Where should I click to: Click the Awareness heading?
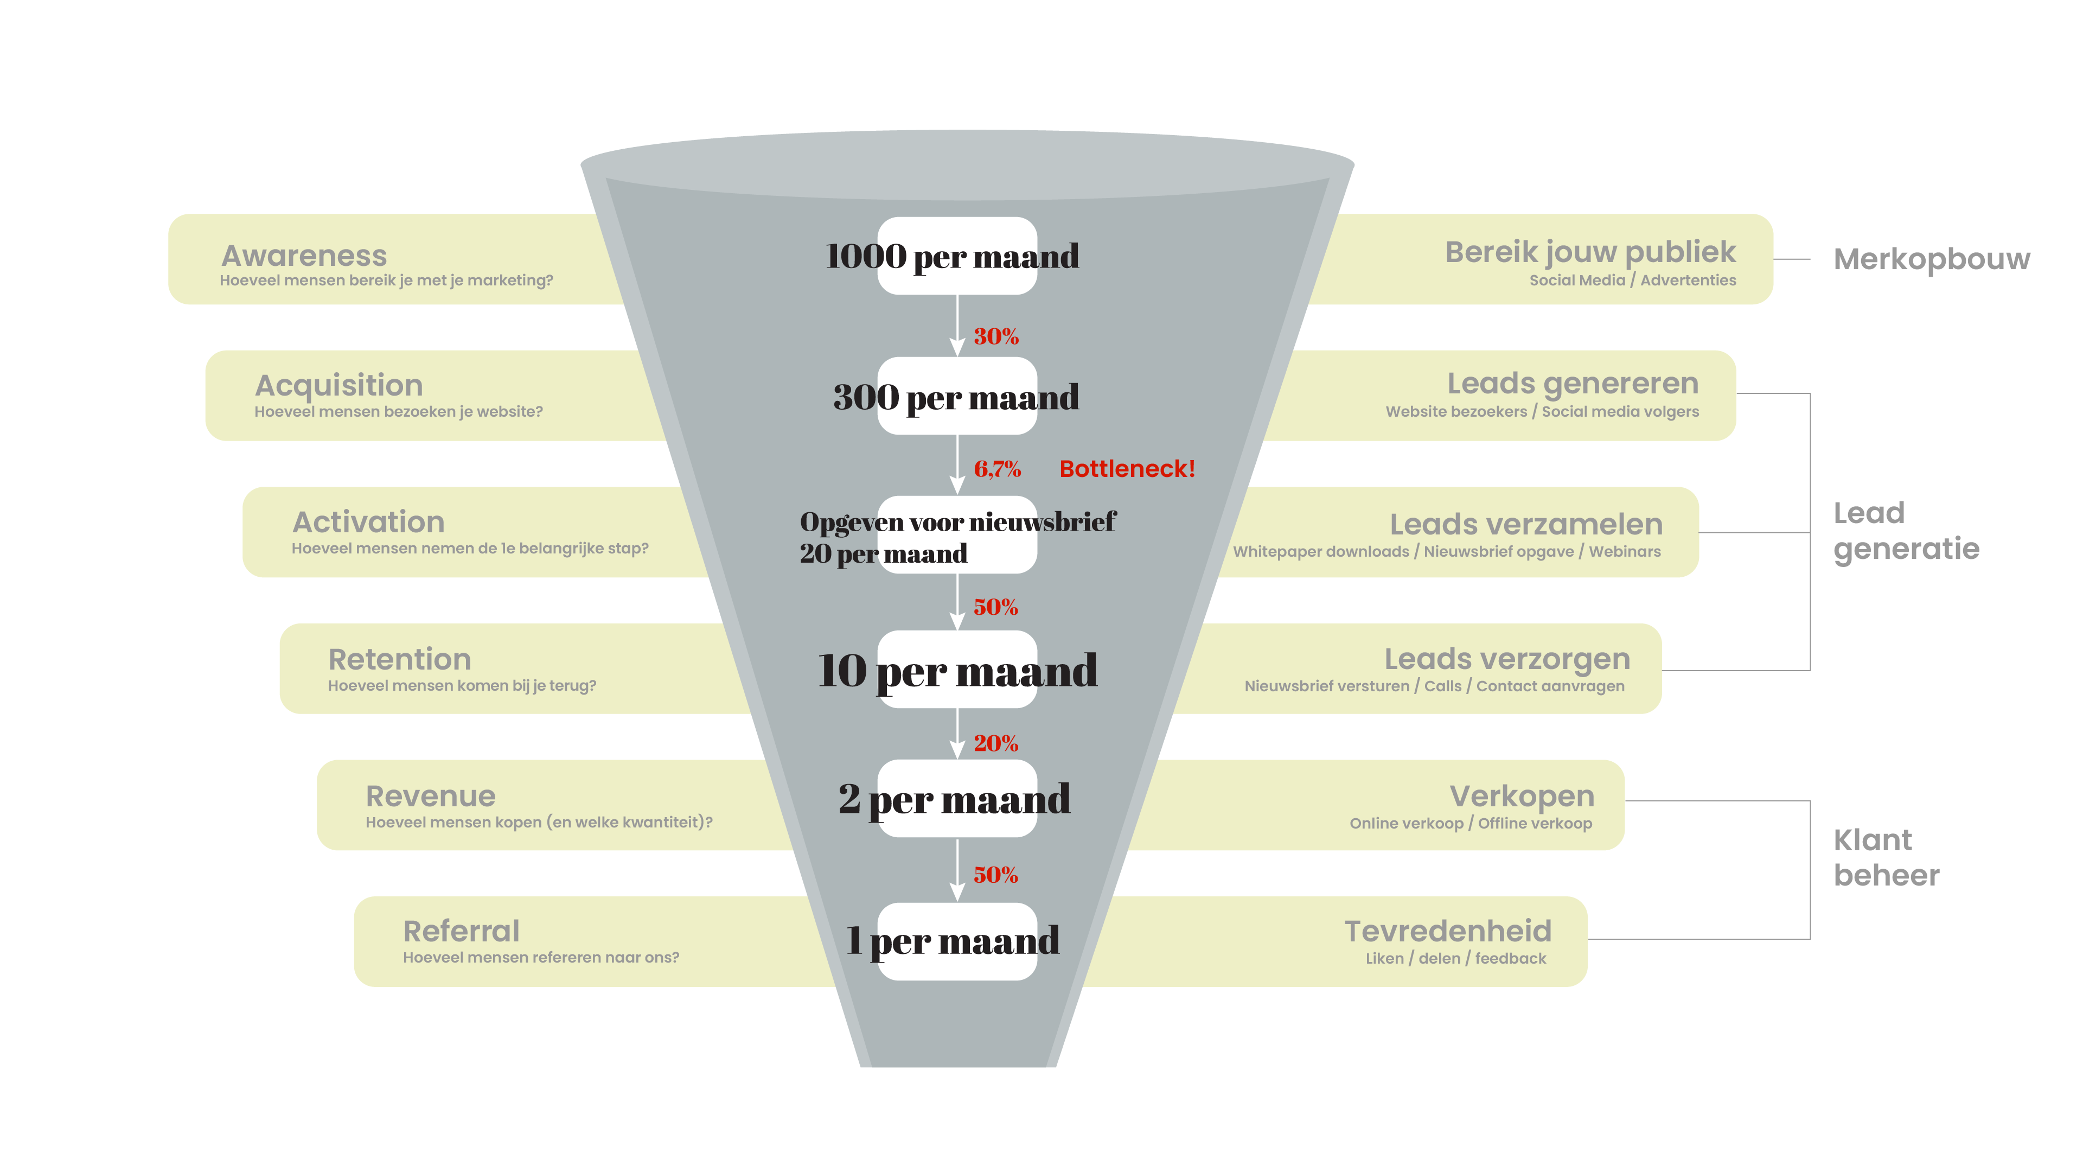[304, 256]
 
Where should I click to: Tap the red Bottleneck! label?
[1127, 468]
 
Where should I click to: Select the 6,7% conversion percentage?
[997, 468]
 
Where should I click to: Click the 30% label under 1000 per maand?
[995, 336]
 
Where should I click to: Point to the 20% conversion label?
[995, 742]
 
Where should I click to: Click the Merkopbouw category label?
[1931, 259]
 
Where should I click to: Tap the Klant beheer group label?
[1886, 857]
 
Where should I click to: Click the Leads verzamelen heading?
[1526, 524]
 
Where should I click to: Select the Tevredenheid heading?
[1447, 931]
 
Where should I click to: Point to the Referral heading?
[461, 931]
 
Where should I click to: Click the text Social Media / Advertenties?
[1632, 280]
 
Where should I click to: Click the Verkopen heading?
[1522, 796]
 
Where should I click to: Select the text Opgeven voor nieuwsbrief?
[957, 521]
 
